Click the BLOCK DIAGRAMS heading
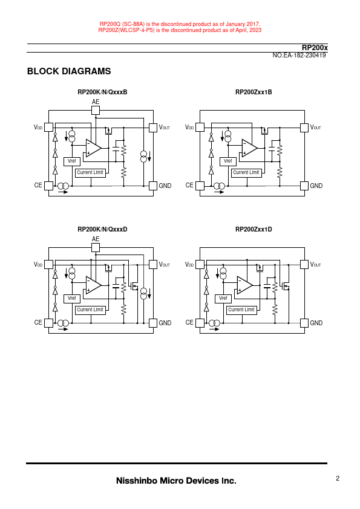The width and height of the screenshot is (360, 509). (69, 71)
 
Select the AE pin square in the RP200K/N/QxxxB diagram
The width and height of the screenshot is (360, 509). (96, 111)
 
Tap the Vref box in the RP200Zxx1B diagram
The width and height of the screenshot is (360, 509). (227, 161)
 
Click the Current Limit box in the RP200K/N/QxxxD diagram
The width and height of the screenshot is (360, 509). (90, 310)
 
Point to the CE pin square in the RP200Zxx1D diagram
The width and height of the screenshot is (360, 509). (200, 323)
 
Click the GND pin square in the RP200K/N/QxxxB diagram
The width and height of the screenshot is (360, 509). (153, 186)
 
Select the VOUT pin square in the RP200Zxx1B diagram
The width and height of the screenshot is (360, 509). (304, 128)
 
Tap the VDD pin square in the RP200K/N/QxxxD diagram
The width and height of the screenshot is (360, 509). (49, 265)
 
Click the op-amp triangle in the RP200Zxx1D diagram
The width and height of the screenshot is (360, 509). (244, 285)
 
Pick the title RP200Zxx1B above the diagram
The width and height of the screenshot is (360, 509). (254, 92)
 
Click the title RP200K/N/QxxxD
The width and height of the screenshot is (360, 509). (102, 230)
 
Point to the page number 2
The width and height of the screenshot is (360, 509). (338, 478)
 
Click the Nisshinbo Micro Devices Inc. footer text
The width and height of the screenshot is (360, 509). (176, 481)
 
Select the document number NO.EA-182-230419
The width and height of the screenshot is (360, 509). (299, 56)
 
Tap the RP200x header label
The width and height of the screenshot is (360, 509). (315, 48)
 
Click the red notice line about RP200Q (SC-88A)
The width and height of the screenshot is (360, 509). (180, 24)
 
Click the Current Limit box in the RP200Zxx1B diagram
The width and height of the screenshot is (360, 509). (246, 173)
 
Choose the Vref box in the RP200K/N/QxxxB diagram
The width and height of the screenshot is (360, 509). (72, 161)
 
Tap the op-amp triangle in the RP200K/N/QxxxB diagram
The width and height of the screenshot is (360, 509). (93, 148)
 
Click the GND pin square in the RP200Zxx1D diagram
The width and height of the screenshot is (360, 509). (304, 323)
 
